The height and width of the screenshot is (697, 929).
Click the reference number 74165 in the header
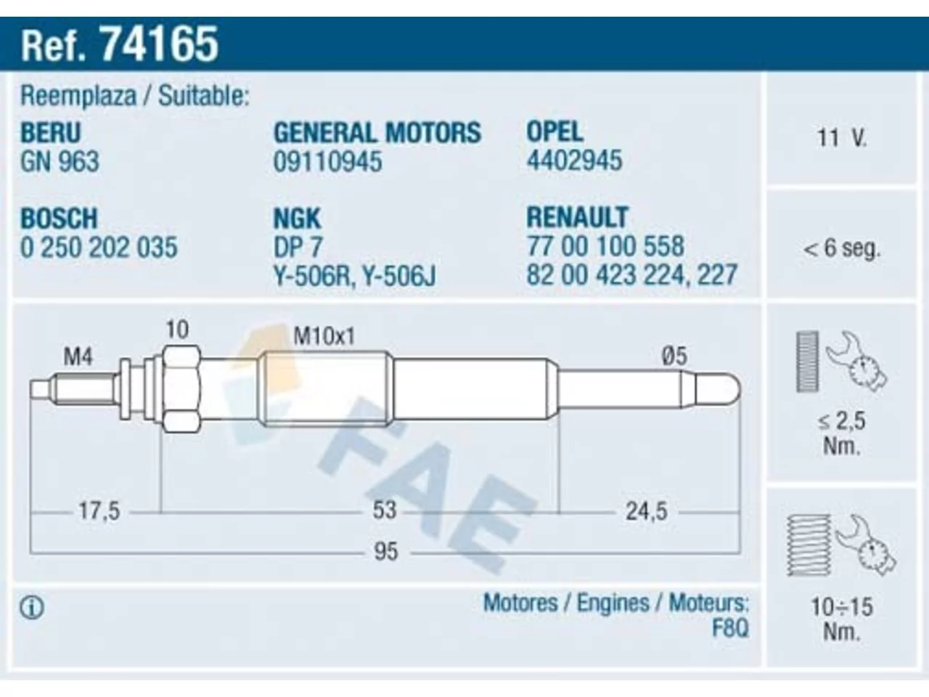click(x=158, y=44)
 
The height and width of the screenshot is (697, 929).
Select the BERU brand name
click(x=50, y=132)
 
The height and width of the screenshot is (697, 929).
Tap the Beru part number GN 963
click(x=60, y=162)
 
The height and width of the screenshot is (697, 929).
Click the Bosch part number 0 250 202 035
click(x=99, y=248)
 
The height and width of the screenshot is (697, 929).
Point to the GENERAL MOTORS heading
click(x=377, y=132)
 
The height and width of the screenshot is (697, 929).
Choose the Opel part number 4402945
click(x=574, y=160)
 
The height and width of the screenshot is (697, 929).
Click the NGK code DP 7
click(x=298, y=248)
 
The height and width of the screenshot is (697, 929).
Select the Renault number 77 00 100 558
click(x=605, y=246)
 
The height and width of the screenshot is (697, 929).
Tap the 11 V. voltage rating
click(x=841, y=138)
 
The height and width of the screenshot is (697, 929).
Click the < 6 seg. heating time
click(x=841, y=248)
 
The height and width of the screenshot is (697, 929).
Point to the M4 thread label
click(x=78, y=356)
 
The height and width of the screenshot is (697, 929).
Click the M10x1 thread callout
click(x=324, y=337)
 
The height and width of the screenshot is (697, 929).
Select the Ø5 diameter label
click(x=674, y=356)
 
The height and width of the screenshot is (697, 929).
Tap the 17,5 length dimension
click(x=99, y=511)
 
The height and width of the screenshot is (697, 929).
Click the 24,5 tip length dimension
click(x=646, y=511)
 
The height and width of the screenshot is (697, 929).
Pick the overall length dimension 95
click(x=385, y=552)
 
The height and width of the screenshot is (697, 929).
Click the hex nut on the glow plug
click(x=181, y=389)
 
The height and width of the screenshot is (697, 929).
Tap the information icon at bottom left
click(x=32, y=608)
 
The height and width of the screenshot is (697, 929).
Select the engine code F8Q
click(x=730, y=628)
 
